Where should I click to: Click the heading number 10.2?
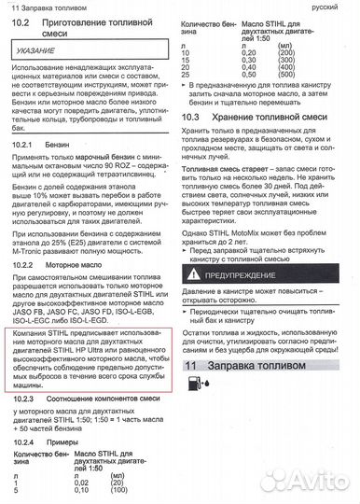point(21,32)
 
